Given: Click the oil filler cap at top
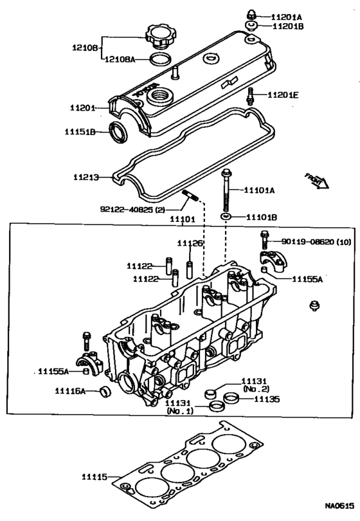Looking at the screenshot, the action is tap(161, 37).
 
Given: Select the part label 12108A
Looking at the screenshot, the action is tap(120, 59).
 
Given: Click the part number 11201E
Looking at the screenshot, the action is tap(283, 95).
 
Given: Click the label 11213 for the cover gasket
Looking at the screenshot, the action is tap(86, 178).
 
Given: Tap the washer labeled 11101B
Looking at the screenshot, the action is tap(226, 217).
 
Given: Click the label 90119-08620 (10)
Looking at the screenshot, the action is tap(316, 242).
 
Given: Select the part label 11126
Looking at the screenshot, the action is tap(190, 243).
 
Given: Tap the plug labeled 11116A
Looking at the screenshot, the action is tap(106, 391).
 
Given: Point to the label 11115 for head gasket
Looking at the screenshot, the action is tap(94, 477).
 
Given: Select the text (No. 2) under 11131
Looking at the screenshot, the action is tap(256, 388).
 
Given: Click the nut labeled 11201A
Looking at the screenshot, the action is tap(251, 15).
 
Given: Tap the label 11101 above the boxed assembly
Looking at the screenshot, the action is tap(183, 219).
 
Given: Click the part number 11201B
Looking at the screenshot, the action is tap(288, 26).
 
